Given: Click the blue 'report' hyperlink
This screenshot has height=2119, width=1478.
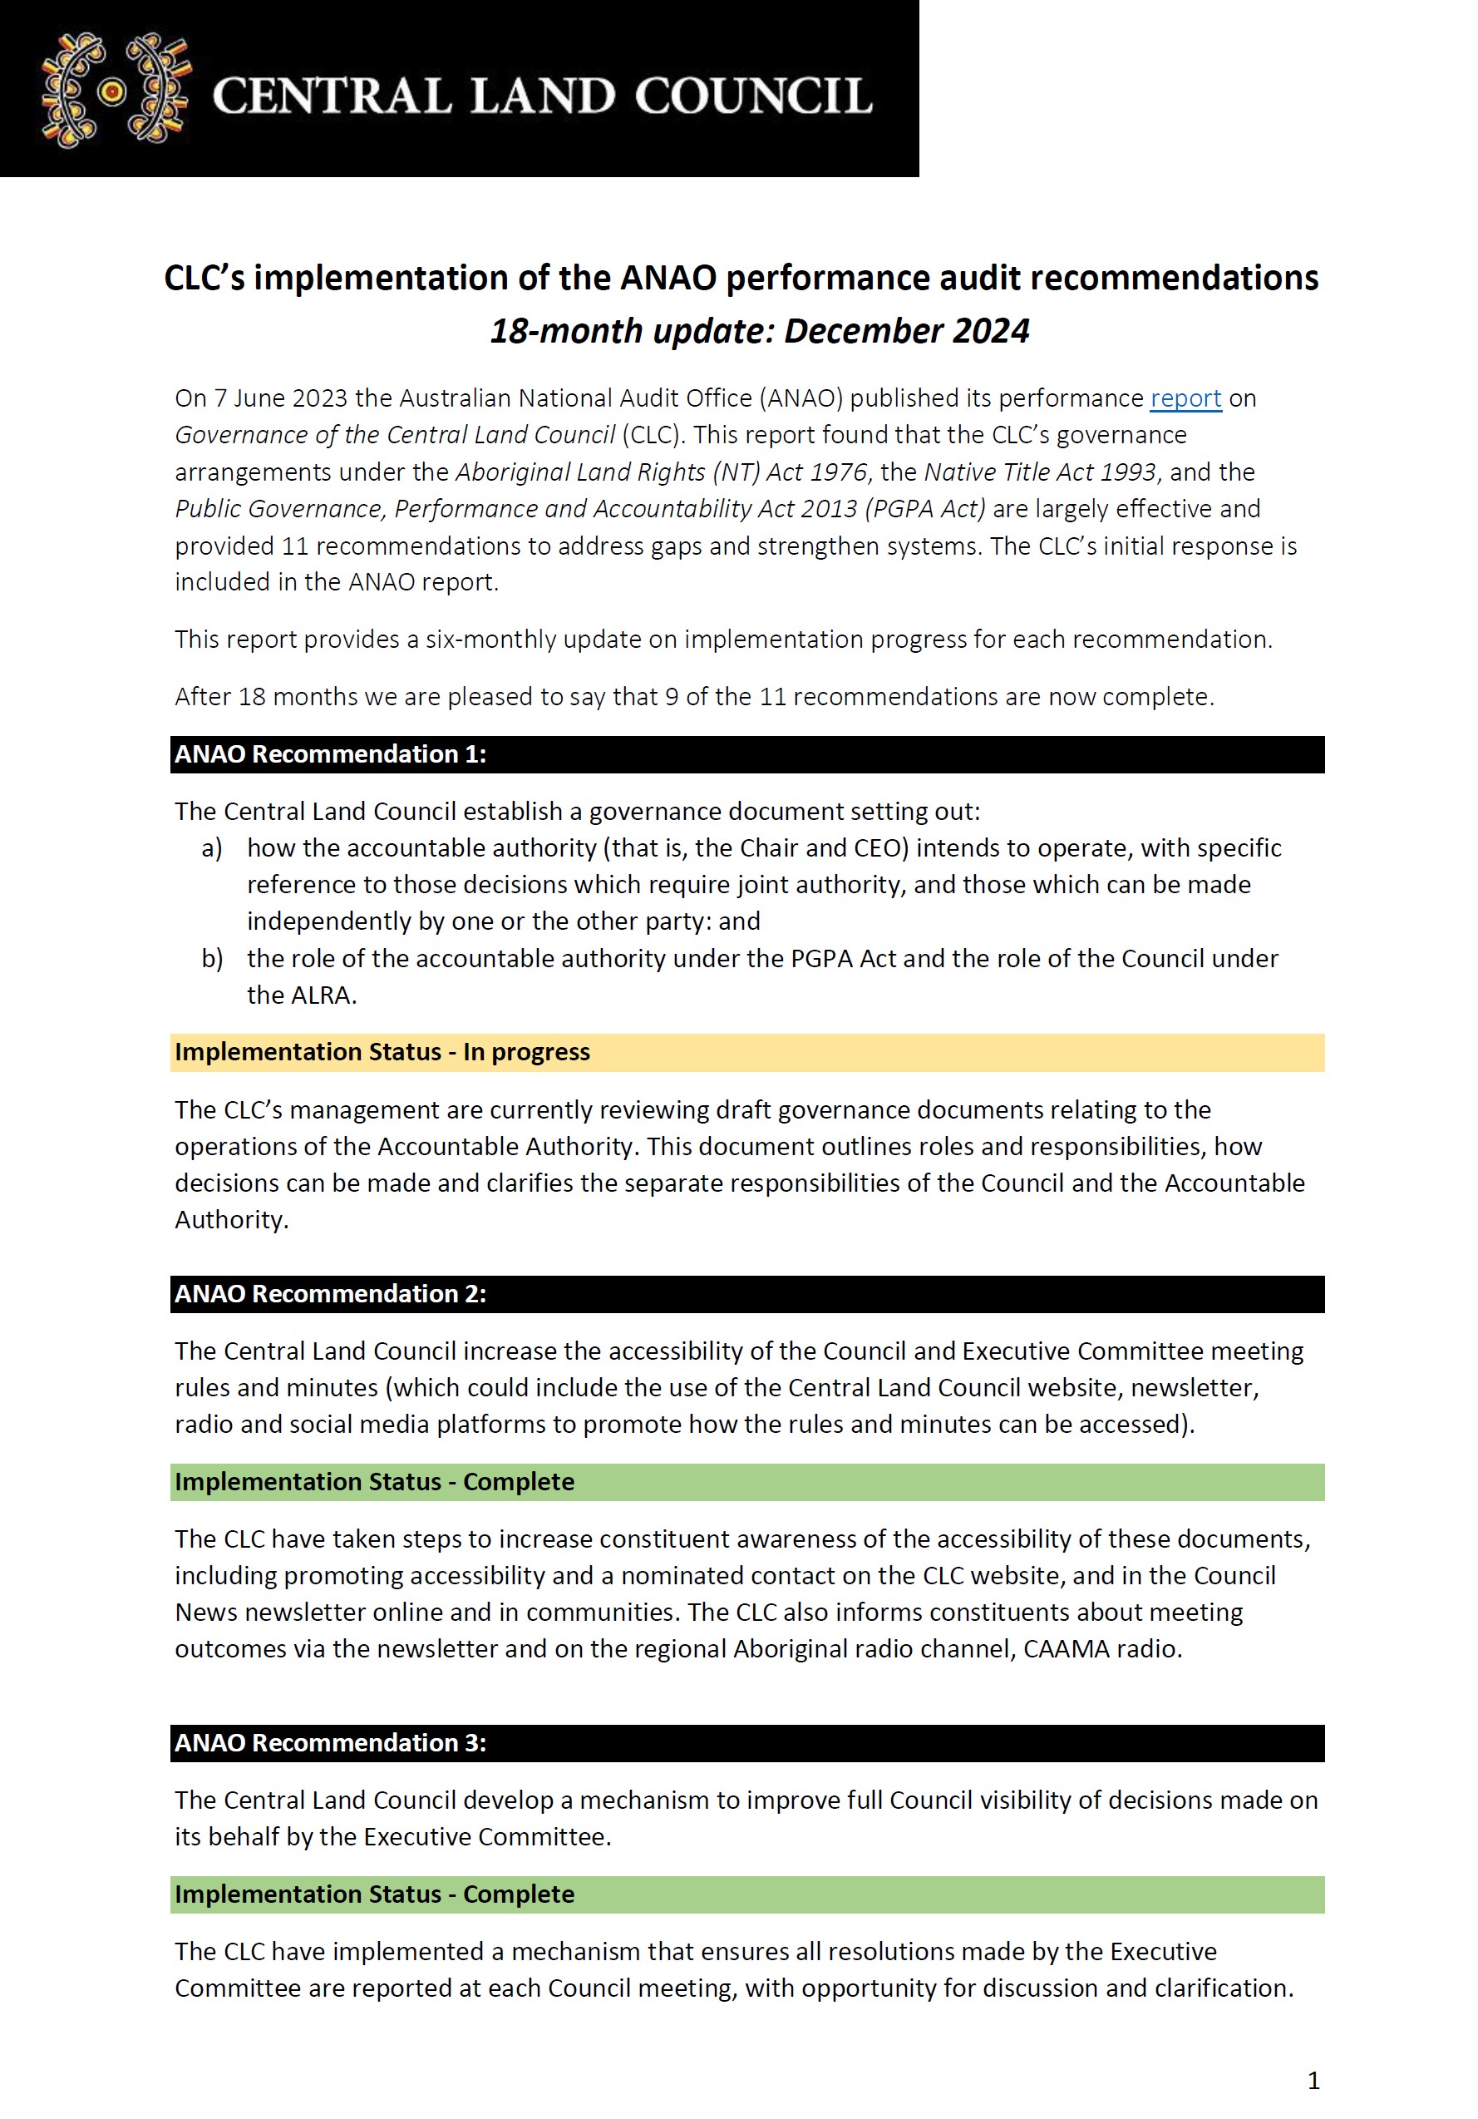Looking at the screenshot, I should tap(1185, 398).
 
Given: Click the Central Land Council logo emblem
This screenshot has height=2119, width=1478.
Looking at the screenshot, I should tap(115, 91).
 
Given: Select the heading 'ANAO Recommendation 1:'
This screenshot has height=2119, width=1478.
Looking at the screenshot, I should tap(330, 754).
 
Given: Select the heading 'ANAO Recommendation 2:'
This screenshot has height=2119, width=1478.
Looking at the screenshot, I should tap(330, 1294).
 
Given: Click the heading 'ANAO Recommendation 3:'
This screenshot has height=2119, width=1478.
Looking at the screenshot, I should tap(330, 1742).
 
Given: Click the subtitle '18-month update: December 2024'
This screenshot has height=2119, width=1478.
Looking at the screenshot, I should tap(758, 330).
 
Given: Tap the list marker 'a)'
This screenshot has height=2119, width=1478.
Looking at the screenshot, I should tap(211, 848).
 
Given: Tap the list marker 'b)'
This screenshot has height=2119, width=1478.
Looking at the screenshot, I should tap(211, 959).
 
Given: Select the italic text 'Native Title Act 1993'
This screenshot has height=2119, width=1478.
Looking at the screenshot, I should tap(1039, 472).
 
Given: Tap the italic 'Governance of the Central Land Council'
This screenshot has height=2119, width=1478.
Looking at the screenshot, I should tap(395, 435).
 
